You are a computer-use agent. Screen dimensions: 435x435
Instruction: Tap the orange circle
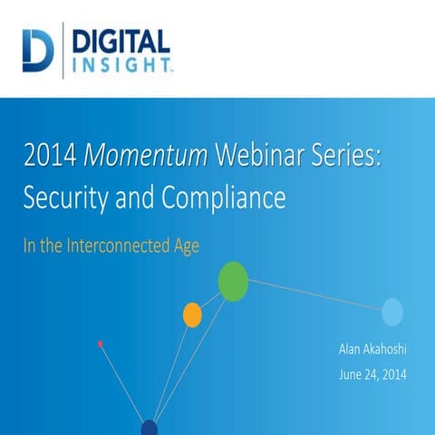pyautogui.click(x=192, y=314)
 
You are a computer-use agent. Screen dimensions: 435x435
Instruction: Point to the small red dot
pyautogui.click(x=100, y=343)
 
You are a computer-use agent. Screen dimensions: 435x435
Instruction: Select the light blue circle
pyautogui.click(x=391, y=312)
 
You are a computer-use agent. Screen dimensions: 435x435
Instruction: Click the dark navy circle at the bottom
pyautogui.click(x=150, y=428)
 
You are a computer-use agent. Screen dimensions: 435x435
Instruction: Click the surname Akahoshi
pyautogui.click(x=384, y=347)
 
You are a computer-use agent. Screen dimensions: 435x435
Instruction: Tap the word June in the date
pyautogui.click(x=351, y=372)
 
